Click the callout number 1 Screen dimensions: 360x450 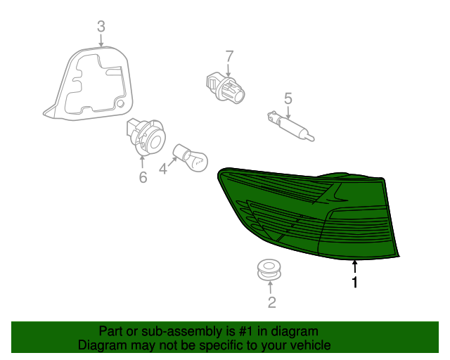(355, 283)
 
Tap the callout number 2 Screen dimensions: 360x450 (271, 303)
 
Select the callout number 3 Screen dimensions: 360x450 (101, 27)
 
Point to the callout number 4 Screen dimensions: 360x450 (163, 169)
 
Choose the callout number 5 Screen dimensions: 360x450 (288, 98)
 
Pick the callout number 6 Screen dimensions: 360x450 (143, 177)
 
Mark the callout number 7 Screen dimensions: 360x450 (229, 56)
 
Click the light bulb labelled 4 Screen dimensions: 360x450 (191, 157)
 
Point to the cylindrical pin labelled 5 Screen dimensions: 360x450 (288, 126)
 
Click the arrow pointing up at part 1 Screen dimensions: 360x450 (355, 266)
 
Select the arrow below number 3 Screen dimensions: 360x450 (101, 41)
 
